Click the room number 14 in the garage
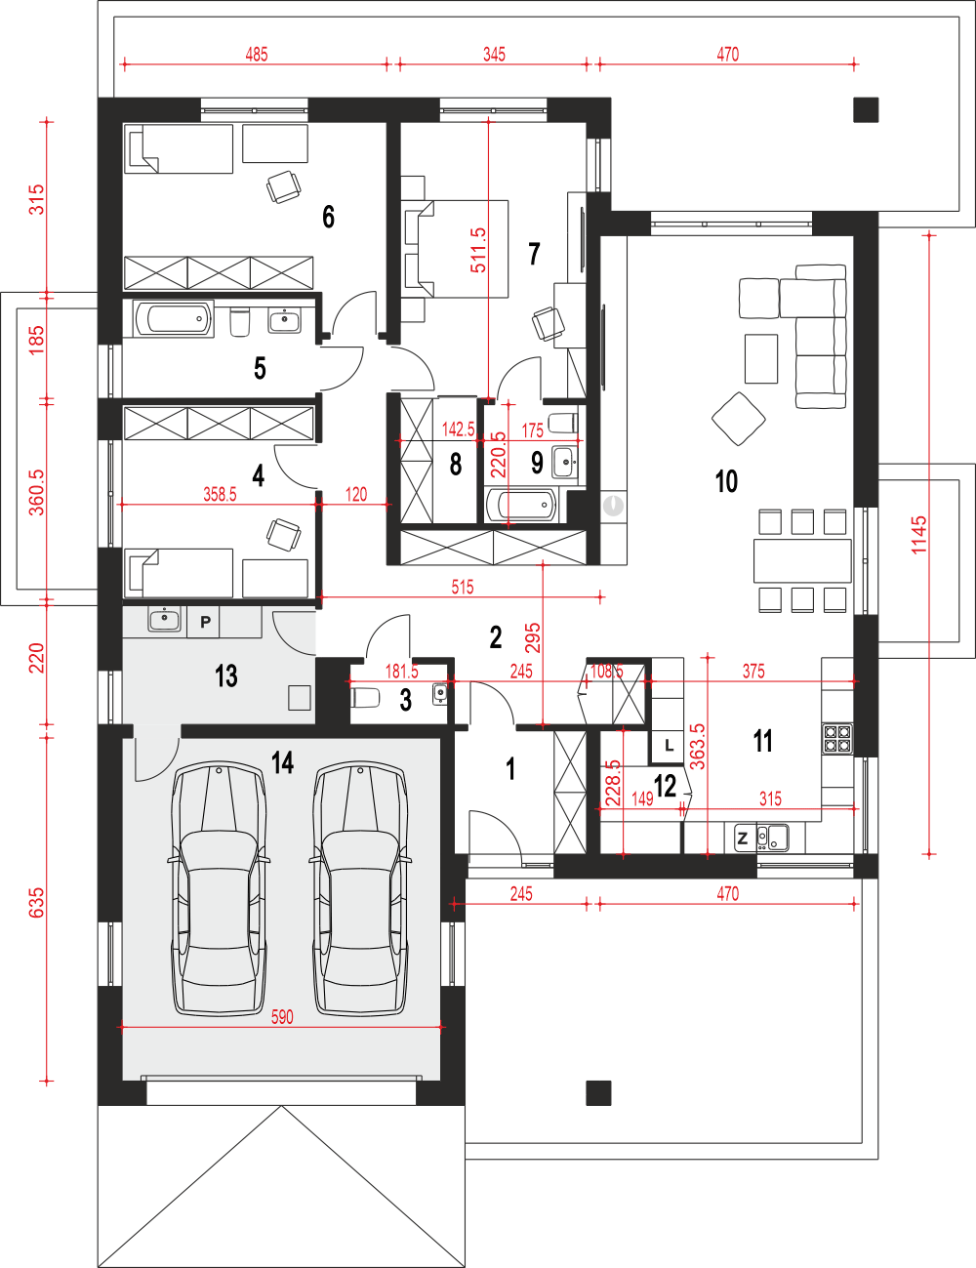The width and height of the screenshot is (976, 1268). coord(282,762)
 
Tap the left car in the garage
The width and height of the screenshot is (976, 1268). coord(219,889)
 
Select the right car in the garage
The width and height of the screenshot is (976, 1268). coord(360,889)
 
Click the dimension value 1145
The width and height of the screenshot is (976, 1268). coord(918,535)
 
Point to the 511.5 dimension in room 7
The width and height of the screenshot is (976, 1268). coord(478,250)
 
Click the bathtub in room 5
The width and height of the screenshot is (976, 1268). coord(174,319)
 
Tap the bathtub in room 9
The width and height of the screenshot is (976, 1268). coord(521,504)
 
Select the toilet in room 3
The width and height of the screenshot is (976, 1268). coord(366,698)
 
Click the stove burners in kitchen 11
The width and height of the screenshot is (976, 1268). coord(837,738)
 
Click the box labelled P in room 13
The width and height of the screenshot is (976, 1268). coord(204,622)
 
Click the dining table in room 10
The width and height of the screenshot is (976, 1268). coord(802,560)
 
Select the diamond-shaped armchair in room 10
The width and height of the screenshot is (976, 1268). coord(739,419)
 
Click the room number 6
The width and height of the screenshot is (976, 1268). coord(329,217)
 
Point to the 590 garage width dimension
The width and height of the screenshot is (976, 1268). coord(282,1017)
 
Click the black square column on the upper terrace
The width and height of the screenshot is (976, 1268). coord(866,109)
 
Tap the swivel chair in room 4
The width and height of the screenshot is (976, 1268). coord(284,535)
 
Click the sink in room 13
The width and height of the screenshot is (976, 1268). coord(165,620)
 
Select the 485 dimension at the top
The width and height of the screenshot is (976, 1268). coord(256,55)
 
